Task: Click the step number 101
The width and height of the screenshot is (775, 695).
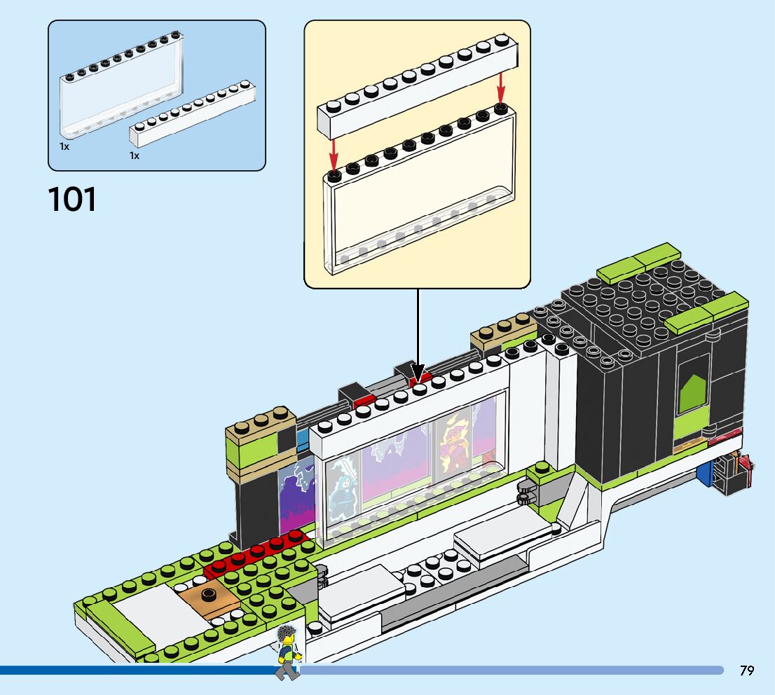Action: [x=72, y=199]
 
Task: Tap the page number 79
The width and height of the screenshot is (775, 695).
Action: [x=746, y=670]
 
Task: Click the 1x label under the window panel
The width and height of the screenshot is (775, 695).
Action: [x=64, y=147]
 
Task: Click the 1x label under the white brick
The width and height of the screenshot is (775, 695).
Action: [x=135, y=156]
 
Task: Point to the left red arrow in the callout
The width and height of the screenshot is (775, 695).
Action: [x=334, y=151]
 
